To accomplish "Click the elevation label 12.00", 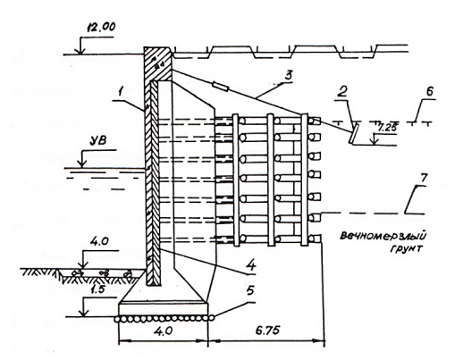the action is pos(101,28).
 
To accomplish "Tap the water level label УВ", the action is pos(98,140).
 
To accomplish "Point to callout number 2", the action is pos(342,92).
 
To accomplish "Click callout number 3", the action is pos(287,75).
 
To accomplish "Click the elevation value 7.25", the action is pos(386,129).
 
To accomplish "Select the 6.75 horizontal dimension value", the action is pos(267,331).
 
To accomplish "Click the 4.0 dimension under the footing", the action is pos(164,331).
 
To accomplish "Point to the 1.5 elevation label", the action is pos(97,289).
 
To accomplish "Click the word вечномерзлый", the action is pos(383,236).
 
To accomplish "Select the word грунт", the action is pos(406,248).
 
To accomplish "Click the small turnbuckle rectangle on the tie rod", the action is pos(221,87).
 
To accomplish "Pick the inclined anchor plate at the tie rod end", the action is pos(354,134).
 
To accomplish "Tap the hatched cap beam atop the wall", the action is pos(158,63).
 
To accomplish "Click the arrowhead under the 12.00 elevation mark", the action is pos(80,51).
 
